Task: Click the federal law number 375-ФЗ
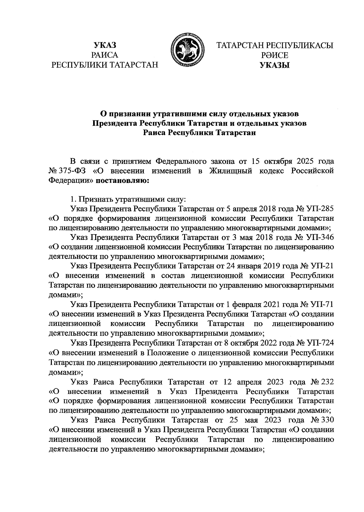coord(72,171)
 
